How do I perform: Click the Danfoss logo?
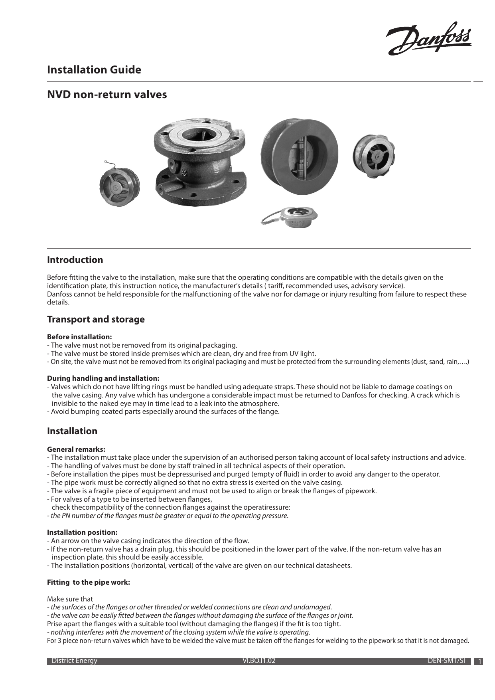coord(429,39)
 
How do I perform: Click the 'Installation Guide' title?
coord(94,70)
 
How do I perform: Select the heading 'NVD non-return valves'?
coord(107,95)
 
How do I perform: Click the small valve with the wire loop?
coord(119,186)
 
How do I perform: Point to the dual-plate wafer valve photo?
coord(299,156)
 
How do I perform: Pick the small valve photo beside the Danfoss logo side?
coord(373,156)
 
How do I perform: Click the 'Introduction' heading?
coord(75,260)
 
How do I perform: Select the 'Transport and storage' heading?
coord(96,319)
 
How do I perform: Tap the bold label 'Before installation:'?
coord(79,337)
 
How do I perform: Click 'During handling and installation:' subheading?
coord(103,378)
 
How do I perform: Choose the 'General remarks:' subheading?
coord(76,449)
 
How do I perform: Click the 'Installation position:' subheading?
coord(82,532)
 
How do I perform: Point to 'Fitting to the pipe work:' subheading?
coord(89,582)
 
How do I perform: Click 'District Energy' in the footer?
coord(75,660)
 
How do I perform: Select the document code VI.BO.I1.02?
coord(259,660)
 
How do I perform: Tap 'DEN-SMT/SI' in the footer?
coord(446,660)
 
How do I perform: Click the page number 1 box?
coord(480,661)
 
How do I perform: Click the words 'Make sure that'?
coord(70,599)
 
